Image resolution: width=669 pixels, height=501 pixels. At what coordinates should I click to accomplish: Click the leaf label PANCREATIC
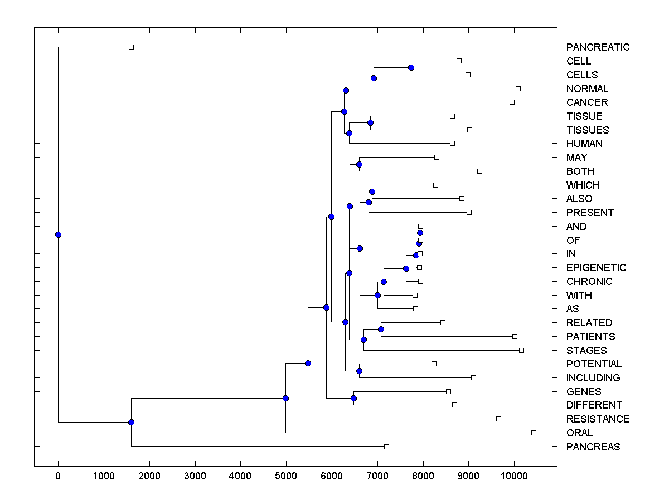598,47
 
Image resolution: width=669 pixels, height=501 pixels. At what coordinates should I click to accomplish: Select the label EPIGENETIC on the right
596,268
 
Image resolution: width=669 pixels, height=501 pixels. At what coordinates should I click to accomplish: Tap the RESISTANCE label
598,419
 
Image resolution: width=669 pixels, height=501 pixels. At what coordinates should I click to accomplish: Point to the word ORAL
579,433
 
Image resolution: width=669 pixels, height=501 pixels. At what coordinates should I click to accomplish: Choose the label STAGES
586,351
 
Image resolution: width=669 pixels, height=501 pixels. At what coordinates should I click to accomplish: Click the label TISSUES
588,130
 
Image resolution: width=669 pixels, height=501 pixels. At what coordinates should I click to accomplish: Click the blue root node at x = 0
58,234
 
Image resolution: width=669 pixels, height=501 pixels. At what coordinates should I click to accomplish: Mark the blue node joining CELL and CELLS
411,67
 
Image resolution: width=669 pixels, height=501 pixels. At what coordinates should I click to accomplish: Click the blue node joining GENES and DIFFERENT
353,398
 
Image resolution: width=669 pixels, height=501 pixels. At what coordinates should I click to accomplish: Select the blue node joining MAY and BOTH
359,164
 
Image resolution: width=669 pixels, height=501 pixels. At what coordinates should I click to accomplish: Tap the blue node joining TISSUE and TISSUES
370,122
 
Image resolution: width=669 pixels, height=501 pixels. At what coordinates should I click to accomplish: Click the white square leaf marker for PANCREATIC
131,47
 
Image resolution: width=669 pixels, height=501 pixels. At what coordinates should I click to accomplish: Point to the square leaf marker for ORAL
534,433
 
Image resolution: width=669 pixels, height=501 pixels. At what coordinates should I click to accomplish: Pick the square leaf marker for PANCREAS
386,446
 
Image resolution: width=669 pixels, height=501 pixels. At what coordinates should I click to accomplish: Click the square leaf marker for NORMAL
518,89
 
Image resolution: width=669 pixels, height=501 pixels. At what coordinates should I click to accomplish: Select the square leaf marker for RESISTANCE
498,419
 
